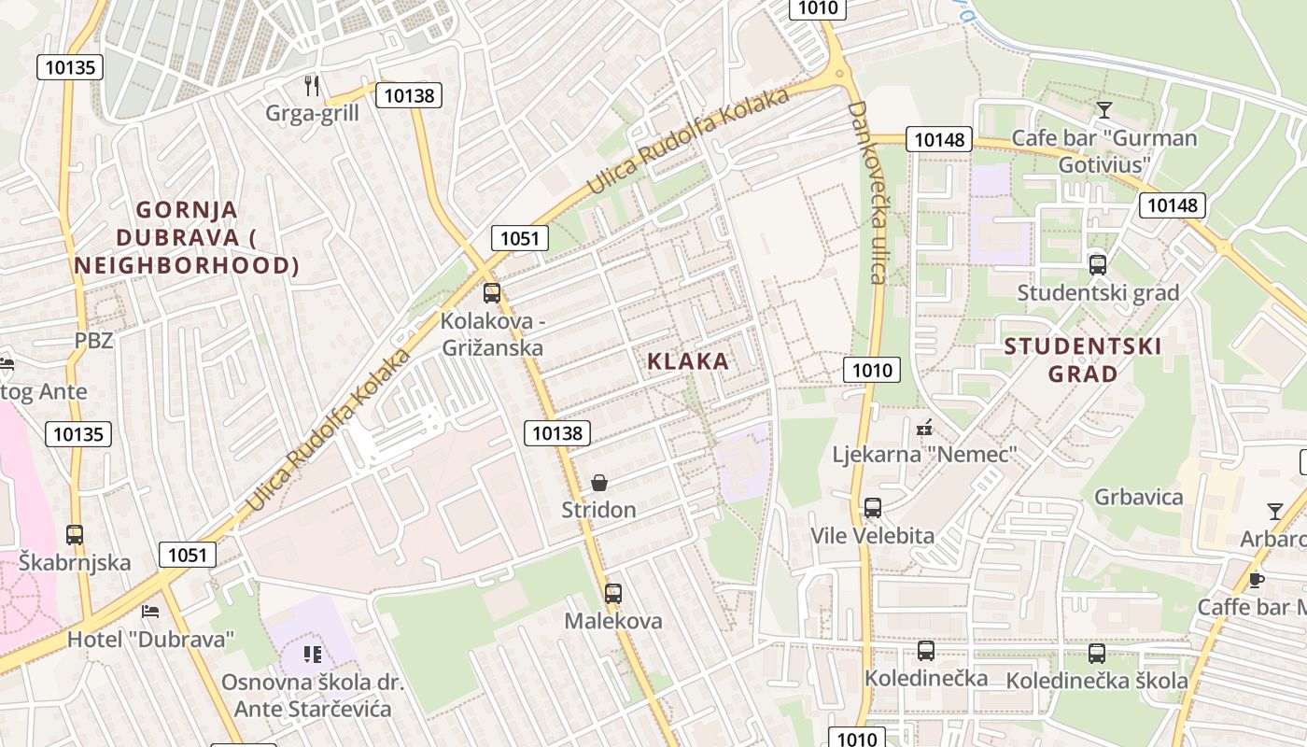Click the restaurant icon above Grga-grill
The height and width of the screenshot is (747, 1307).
[x=312, y=86]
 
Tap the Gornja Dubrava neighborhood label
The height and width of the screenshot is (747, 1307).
[x=187, y=237]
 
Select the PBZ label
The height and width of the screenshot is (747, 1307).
[x=93, y=340]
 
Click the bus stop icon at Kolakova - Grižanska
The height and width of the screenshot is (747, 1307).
[x=492, y=293]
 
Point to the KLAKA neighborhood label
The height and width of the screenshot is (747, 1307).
[x=688, y=361]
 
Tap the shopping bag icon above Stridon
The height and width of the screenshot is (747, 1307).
[x=599, y=483]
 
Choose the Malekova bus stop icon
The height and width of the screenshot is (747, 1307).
[x=613, y=593]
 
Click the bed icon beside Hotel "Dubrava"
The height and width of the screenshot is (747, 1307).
[x=149, y=612]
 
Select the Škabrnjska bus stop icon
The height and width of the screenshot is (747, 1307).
[x=75, y=535]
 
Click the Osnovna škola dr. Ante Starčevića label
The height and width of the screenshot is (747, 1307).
[x=313, y=696]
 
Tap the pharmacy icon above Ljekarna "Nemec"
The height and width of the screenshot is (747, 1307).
[x=925, y=428]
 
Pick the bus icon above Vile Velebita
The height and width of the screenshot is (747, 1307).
[x=873, y=508]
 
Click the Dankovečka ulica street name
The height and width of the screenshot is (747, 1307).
[x=865, y=191]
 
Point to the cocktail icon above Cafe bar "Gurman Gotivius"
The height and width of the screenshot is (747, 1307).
[x=1104, y=110]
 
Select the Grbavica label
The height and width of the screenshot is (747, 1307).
[x=1139, y=497]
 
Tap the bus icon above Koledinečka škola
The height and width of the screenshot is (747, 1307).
[x=1097, y=654]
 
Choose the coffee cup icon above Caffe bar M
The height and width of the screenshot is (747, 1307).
[x=1257, y=580]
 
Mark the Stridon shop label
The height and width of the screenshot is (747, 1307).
[x=598, y=510]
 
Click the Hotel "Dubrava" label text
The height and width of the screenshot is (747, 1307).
[x=151, y=640]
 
